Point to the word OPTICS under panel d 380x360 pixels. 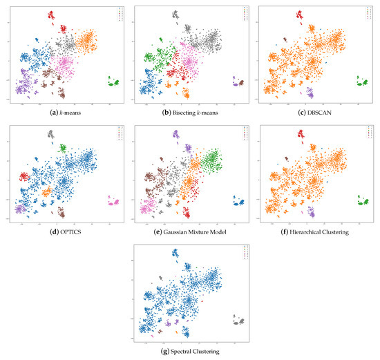click(x=67, y=232)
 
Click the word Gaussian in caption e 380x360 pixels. click(x=182, y=232)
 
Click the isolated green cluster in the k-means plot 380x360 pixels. click(x=113, y=83)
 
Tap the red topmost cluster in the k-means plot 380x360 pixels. click(x=50, y=15)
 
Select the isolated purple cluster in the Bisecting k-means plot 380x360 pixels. click(x=238, y=83)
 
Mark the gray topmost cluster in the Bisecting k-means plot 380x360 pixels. click(x=176, y=15)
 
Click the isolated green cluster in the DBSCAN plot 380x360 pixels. click(x=363, y=83)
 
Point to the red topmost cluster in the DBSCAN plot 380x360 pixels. click(x=300, y=15)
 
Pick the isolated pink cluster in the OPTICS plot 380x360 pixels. click(x=113, y=202)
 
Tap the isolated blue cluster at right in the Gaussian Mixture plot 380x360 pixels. click(x=238, y=202)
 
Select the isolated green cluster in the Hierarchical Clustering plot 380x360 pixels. click(x=363, y=202)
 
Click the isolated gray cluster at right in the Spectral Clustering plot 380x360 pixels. click(x=238, y=321)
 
